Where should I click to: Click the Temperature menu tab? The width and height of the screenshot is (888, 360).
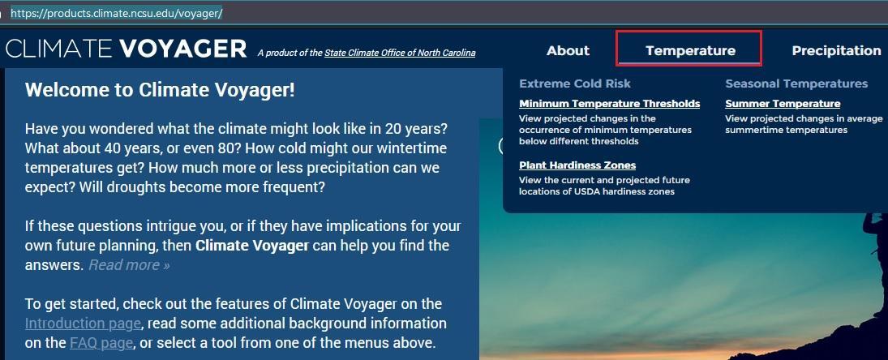pyautogui.click(x=690, y=50)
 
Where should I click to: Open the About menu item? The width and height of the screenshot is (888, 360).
pyautogui.click(x=568, y=50)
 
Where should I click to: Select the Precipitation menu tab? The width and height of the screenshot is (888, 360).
pyautogui.click(x=836, y=50)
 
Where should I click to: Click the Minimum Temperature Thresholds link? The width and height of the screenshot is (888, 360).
pyautogui.click(x=609, y=104)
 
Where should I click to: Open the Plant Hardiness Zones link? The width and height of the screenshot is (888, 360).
pyautogui.click(x=577, y=165)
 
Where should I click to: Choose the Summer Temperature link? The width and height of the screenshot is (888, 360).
pyautogui.click(x=783, y=104)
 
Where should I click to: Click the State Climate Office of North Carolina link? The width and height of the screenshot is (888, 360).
pyautogui.click(x=400, y=53)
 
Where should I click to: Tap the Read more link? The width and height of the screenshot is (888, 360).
pyautogui.click(x=129, y=265)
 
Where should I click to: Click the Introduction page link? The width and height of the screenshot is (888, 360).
pyautogui.click(x=83, y=324)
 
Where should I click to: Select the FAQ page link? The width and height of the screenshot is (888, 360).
pyautogui.click(x=101, y=343)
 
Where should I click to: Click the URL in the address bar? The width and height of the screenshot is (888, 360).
pyautogui.click(x=117, y=13)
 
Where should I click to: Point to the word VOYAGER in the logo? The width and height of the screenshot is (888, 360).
pyautogui.click(x=183, y=49)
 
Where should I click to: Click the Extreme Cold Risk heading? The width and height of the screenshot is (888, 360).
pyautogui.click(x=575, y=84)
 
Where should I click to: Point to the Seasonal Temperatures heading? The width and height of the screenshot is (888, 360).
pyautogui.click(x=796, y=84)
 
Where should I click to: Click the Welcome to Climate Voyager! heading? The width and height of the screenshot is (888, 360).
pyautogui.click(x=160, y=90)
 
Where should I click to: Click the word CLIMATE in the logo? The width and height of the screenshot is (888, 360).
pyautogui.click(x=59, y=49)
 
